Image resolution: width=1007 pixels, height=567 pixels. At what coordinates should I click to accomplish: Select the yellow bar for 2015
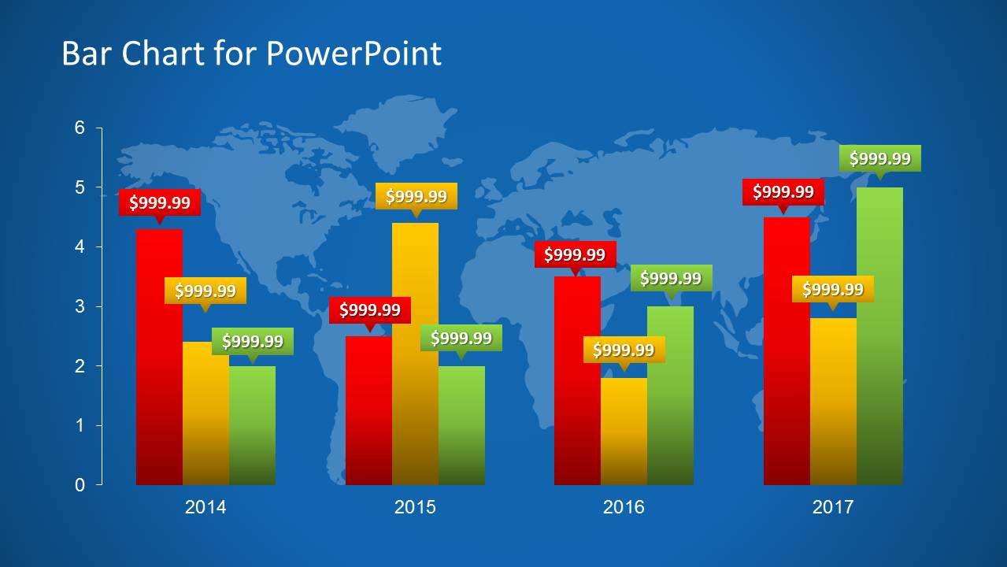click(415, 354)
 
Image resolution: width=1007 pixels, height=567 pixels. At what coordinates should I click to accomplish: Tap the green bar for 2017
click(879, 339)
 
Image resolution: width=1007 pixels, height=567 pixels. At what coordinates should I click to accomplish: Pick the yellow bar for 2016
click(624, 433)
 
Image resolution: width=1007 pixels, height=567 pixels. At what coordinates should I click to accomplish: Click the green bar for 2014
click(252, 425)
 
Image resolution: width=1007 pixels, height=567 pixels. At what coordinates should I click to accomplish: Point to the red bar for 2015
click(368, 409)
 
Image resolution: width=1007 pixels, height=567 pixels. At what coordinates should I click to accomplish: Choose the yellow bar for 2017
click(833, 402)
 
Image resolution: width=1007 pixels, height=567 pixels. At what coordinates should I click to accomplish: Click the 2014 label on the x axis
click(205, 507)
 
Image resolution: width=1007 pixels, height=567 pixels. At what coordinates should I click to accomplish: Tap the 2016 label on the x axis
click(624, 507)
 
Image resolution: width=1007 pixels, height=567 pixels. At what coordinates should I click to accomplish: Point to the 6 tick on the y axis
click(80, 128)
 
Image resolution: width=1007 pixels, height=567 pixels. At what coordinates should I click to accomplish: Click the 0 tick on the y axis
click(80, 485)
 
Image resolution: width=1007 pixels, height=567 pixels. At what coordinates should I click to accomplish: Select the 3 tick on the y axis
click(80, 306)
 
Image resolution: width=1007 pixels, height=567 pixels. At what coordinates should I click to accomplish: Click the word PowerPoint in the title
click(354, 54)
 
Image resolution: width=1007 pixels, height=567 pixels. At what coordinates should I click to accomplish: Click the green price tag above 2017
click(879, 158)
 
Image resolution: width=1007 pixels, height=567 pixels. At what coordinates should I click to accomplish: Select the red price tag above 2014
click(159, 202)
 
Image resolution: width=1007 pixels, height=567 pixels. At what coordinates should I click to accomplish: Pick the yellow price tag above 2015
click(416, 196)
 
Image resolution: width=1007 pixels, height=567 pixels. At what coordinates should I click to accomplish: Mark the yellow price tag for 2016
click(624, 350)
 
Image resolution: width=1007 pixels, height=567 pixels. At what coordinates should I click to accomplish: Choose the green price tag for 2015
click(461, 338)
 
